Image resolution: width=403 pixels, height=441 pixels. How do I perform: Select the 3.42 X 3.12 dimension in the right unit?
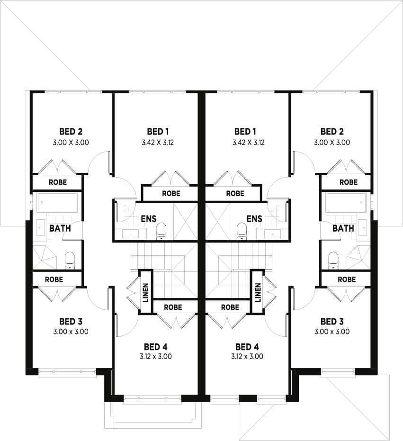coord(248,142)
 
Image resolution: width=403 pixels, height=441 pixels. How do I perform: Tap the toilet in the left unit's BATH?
coord(70,260)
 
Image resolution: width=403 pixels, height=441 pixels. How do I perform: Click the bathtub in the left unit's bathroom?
coord(57,202)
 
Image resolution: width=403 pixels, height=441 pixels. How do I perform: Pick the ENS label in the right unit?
coord(254,219)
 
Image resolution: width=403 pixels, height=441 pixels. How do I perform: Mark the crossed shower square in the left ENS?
coord(185,221)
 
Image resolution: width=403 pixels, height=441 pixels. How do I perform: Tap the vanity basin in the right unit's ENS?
coord(272,233)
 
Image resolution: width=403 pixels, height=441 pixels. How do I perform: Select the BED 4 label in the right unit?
coord(247,347)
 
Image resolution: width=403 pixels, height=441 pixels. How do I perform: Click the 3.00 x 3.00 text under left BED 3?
coord(71,332)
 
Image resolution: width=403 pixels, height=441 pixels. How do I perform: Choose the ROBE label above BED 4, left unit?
coord(173,307)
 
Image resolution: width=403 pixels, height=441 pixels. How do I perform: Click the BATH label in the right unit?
coord(343,228)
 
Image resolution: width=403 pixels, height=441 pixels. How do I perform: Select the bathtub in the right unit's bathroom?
coord(346,202)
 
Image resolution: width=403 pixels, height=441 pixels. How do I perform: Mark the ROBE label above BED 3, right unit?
coord(347,279)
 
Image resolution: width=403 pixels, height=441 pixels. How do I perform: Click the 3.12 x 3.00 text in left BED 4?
coord(155,357)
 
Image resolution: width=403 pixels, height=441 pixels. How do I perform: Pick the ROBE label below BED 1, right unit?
coord(235,193)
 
